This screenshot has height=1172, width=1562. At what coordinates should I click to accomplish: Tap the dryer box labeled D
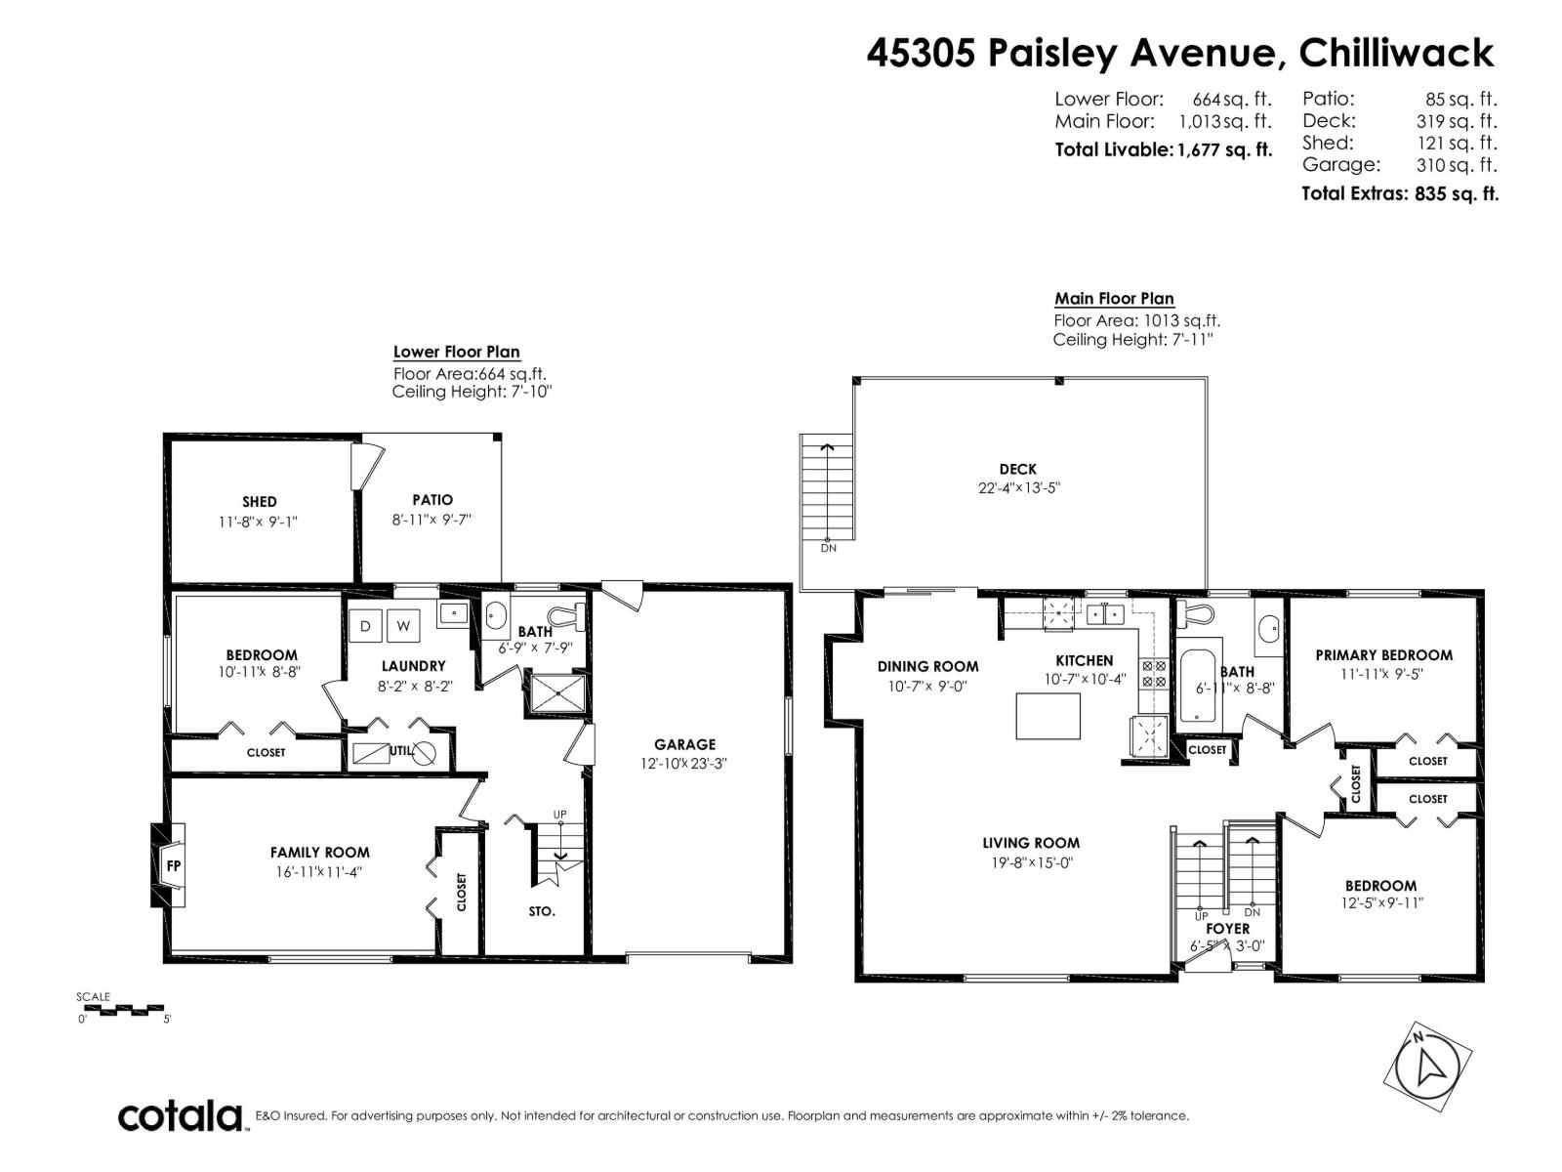pos(366,625)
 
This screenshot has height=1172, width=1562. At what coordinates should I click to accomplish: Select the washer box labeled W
pos(403,625)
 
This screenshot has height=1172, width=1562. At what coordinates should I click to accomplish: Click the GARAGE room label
pos(684,744)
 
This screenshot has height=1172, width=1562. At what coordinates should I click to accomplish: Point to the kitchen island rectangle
pos(1048,716)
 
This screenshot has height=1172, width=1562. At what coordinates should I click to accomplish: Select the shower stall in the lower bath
pos(557,693)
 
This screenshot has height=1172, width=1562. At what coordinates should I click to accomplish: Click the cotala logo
pos(181,1115)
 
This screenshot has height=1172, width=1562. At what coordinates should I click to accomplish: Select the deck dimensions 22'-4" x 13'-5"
pos(1017,487)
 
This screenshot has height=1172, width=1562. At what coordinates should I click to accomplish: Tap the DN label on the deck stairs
pos(828,548)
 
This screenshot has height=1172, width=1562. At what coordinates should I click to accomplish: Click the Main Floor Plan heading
pos(1114,299)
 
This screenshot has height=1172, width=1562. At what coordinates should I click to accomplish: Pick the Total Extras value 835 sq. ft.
pos(1456,193)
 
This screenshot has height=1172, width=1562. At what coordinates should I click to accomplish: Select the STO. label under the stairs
pos(542,910)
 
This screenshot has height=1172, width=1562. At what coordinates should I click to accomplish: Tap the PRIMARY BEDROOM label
pos(1383,655)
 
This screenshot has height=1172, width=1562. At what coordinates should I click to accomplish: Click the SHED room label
pos(260,502)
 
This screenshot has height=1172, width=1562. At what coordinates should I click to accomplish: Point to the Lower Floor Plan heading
pos(456,352)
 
